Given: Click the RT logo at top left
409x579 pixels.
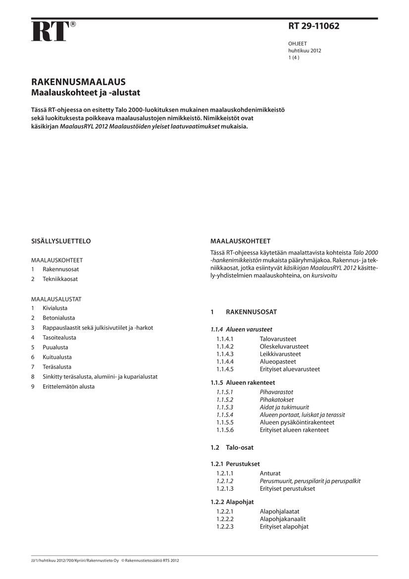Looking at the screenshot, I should (x=50, y=31).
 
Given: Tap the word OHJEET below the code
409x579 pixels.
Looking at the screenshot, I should (x=298, y=44).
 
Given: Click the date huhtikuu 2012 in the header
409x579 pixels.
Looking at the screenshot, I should (x=305, y=51).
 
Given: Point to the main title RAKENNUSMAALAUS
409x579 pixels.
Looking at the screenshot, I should (x=78, y=82).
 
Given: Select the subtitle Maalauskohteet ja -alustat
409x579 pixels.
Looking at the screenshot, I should (x=86, y=93).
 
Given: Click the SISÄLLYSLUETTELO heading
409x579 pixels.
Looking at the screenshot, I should (x=61, y=241).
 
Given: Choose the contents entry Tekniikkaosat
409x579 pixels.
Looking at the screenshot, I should (x=60, y=279).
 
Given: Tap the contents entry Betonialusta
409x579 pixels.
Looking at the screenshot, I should (x=59, y=318).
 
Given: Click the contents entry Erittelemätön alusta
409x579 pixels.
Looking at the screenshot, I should (x=68, y=386).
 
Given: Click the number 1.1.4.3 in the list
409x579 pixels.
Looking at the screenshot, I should (x=225, y=354).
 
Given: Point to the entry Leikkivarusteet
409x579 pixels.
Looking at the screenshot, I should (x=280, y=354).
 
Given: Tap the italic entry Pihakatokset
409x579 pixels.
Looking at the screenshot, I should (x=277, y=400).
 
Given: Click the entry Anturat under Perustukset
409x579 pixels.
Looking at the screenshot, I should (x=270, y=474).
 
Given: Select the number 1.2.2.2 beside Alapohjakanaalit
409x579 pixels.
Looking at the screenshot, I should (x=225, y=519).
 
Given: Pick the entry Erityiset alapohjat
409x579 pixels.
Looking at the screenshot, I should (x=284, y=526).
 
